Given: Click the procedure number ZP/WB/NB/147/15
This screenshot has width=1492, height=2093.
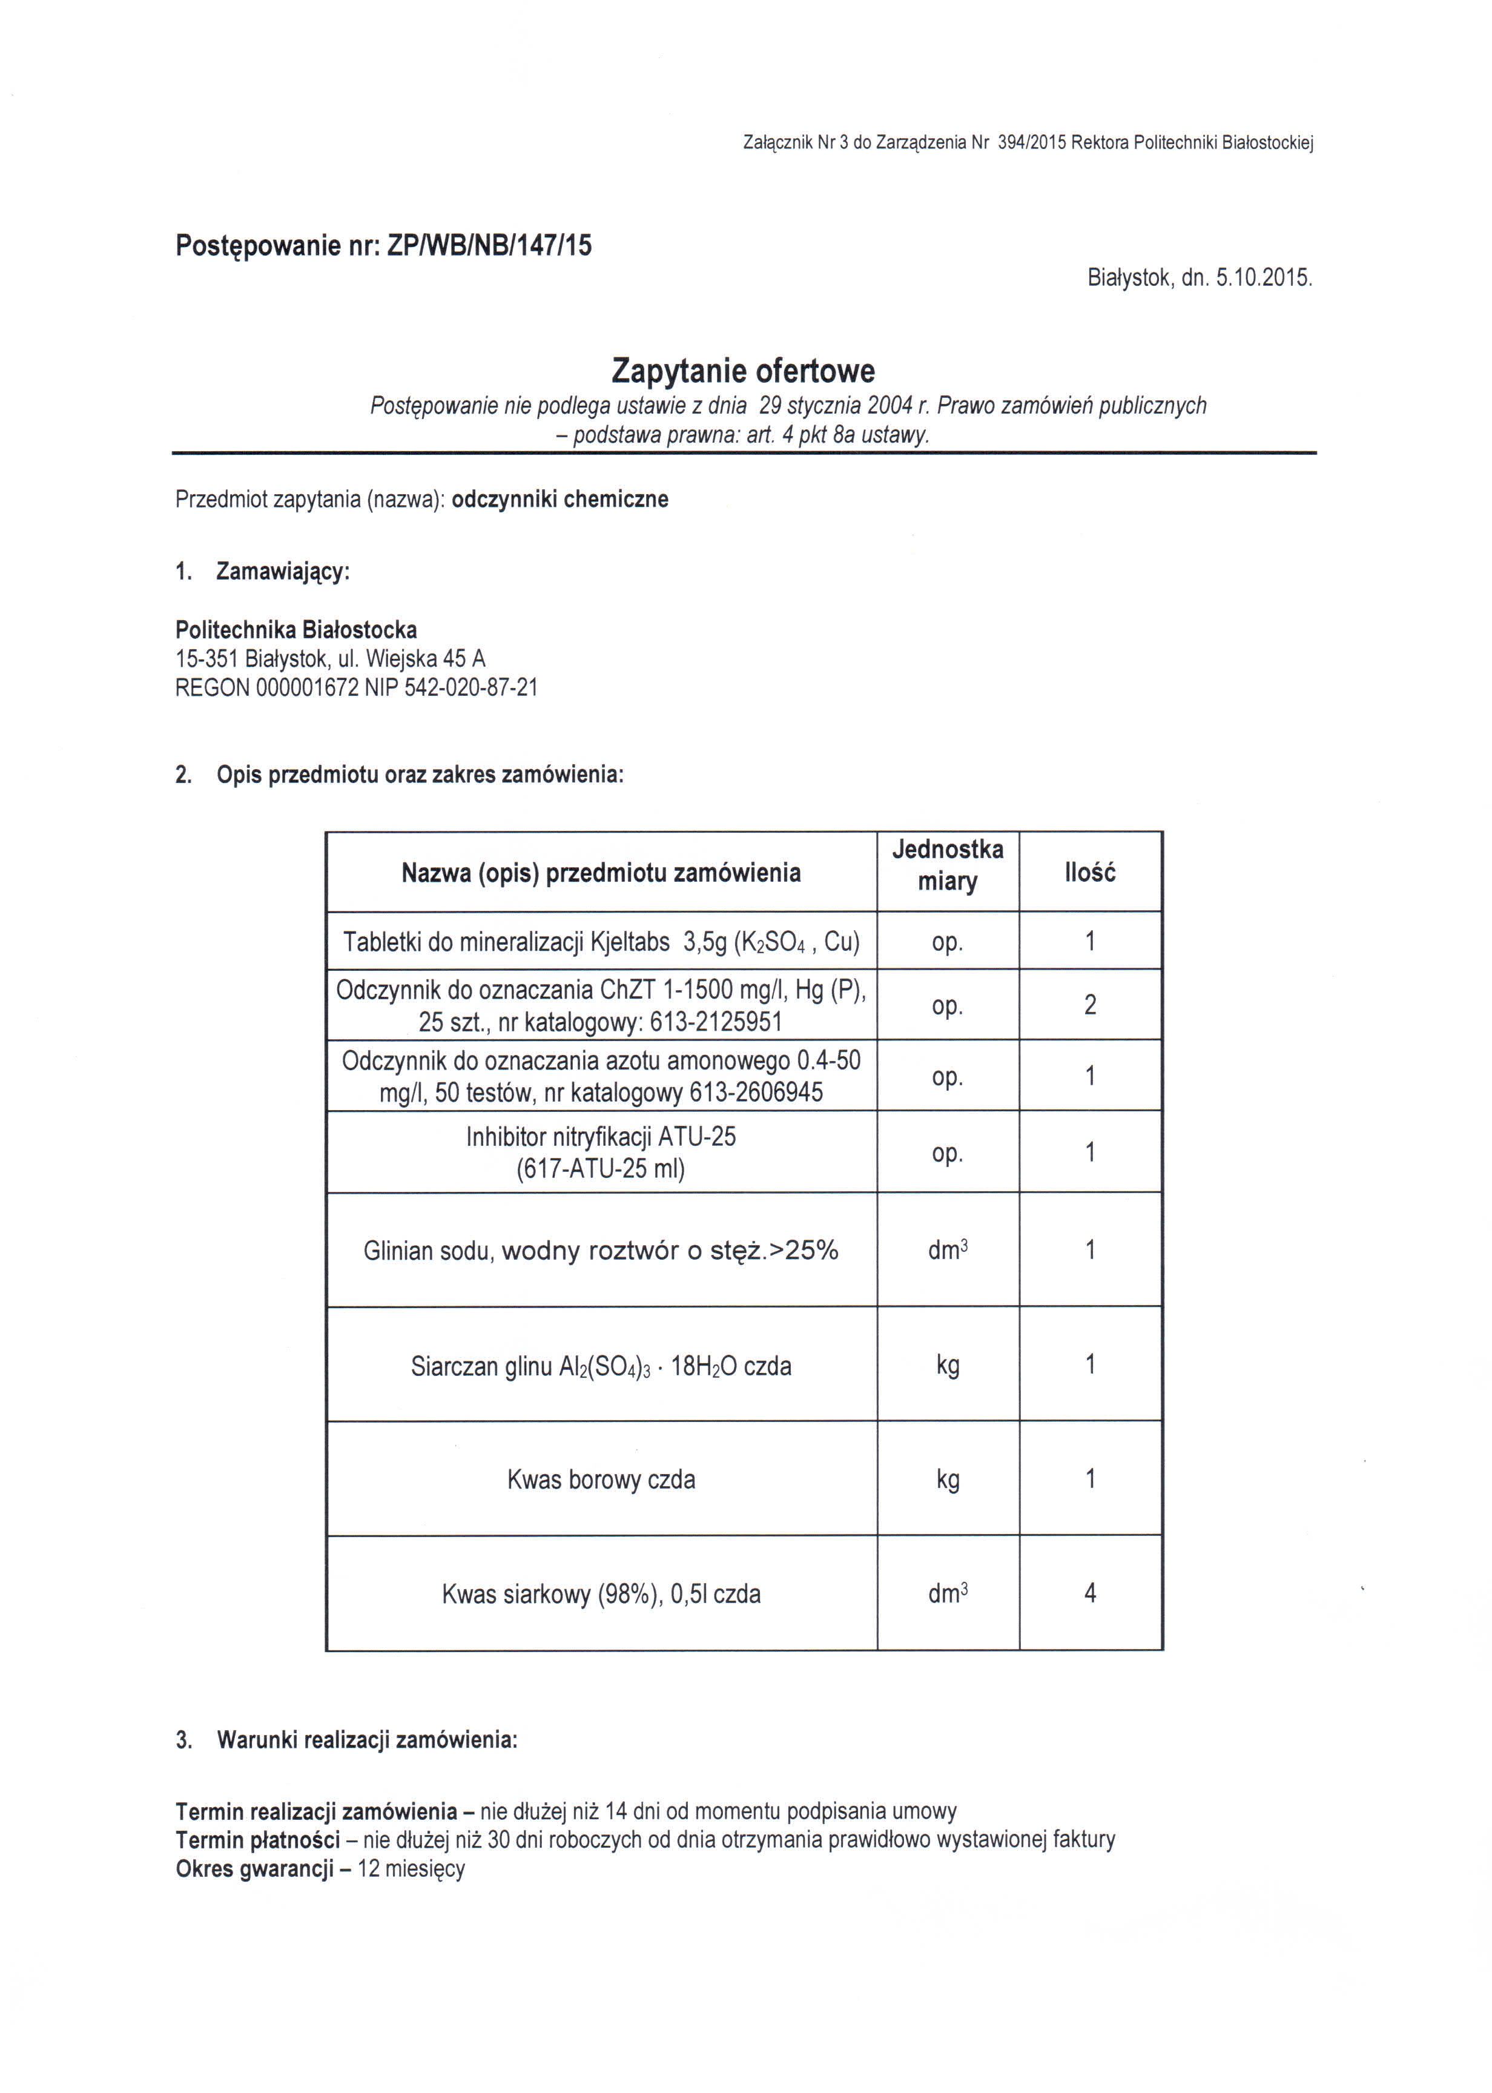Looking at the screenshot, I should click(490, 245).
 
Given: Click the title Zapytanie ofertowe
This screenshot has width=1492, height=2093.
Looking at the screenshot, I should click(743, 371).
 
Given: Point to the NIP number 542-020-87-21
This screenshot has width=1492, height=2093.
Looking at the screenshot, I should click(470, 687).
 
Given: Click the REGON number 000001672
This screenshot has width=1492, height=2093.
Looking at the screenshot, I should click(300, 687).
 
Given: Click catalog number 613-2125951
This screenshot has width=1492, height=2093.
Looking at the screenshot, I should click(716, 1022).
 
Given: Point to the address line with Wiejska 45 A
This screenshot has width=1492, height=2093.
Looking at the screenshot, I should click(331, 659).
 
